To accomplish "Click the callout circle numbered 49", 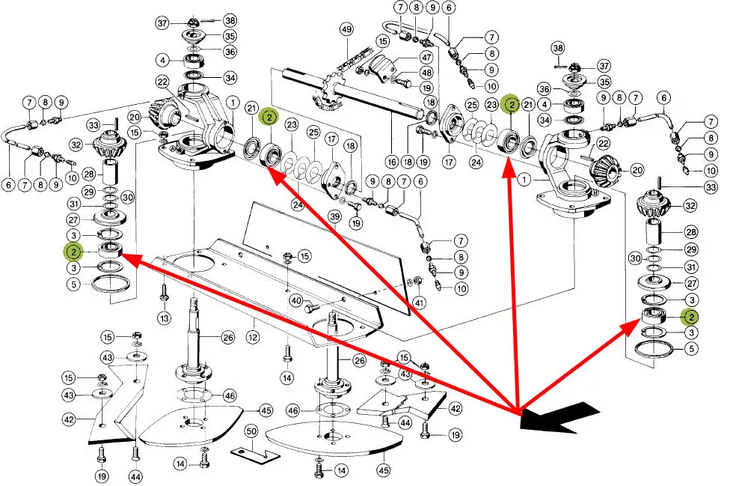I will click(x=346, y=30).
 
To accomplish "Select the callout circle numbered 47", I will click(x=426, y=57).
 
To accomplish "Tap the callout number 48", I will click(x=426, y=73).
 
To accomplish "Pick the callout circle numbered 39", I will click(x=335, y=216).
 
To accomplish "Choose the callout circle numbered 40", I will click(x=295, y=300).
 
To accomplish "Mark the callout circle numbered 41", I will click(x=420, y=303).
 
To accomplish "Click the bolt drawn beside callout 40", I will click(x=315, y=306).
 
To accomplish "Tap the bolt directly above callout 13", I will click(x=164, y=293).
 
